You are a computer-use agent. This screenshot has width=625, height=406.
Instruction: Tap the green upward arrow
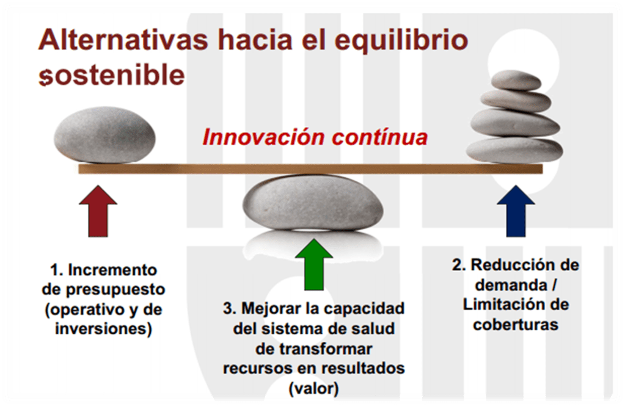[314, 264]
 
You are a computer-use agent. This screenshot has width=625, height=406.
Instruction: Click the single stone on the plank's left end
[104, 135]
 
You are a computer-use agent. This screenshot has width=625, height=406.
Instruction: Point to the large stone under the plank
[313, 203]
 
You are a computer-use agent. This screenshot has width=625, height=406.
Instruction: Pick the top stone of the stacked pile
[516, 80]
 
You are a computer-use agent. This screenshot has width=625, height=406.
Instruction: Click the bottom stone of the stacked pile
[514, 150]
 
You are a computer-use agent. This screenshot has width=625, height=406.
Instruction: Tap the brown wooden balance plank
[310, 169]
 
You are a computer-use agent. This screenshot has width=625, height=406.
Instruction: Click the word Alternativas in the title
[123, 40]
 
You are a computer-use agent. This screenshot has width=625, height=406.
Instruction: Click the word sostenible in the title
[112, 75]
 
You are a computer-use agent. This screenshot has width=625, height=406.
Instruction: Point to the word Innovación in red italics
[263, 137]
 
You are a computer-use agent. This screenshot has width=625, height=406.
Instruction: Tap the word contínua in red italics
[380, 137]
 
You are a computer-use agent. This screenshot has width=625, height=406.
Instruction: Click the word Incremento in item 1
[113, 270]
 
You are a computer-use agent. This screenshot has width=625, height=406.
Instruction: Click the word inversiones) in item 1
[104, 329]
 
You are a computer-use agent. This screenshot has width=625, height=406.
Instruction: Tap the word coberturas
[516, 325]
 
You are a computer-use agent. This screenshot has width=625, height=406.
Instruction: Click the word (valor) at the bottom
[313, 388]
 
